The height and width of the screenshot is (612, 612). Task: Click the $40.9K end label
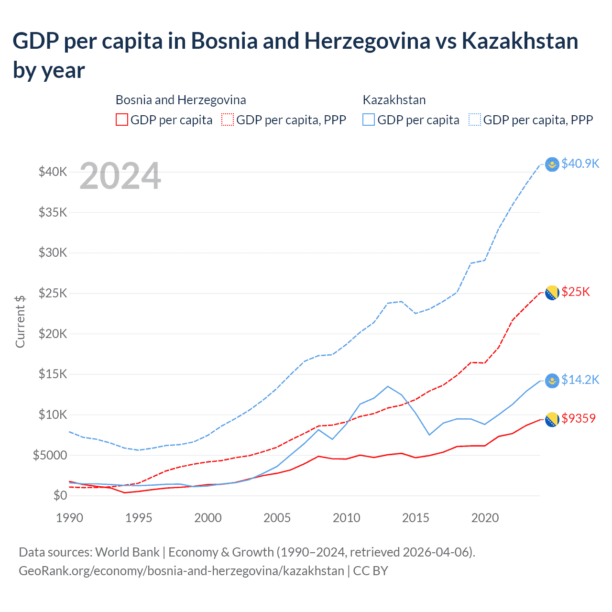(580, 164)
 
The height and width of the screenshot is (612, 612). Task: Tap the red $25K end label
(576, 292)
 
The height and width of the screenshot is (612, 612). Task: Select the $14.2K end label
(580, 380)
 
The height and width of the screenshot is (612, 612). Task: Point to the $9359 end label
(579, 418)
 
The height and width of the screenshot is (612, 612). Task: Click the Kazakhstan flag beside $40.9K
(552, 164)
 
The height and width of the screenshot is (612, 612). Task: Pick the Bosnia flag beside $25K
(552, 293)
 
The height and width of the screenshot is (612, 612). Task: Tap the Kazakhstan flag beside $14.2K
(552, 381)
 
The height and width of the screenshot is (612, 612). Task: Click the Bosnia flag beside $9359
(552, 419)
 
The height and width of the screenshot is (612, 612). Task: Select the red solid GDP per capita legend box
(122, 120)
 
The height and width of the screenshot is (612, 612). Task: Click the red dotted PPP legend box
(228, 120)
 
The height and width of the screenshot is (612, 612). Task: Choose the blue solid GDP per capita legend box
(369, 120)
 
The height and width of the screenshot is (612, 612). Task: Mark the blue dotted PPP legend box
(475, 120)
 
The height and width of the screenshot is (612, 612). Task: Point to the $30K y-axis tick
(53, 252)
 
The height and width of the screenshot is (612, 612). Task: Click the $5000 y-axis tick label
(50, 455)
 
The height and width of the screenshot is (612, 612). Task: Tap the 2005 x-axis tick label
(277, 518)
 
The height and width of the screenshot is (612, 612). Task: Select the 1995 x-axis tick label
(139, 518)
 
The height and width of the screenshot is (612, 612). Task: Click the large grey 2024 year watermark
(120, 176)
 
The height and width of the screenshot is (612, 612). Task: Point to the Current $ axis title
(20, 321)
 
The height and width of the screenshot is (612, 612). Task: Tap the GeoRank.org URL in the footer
(181, 571)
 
